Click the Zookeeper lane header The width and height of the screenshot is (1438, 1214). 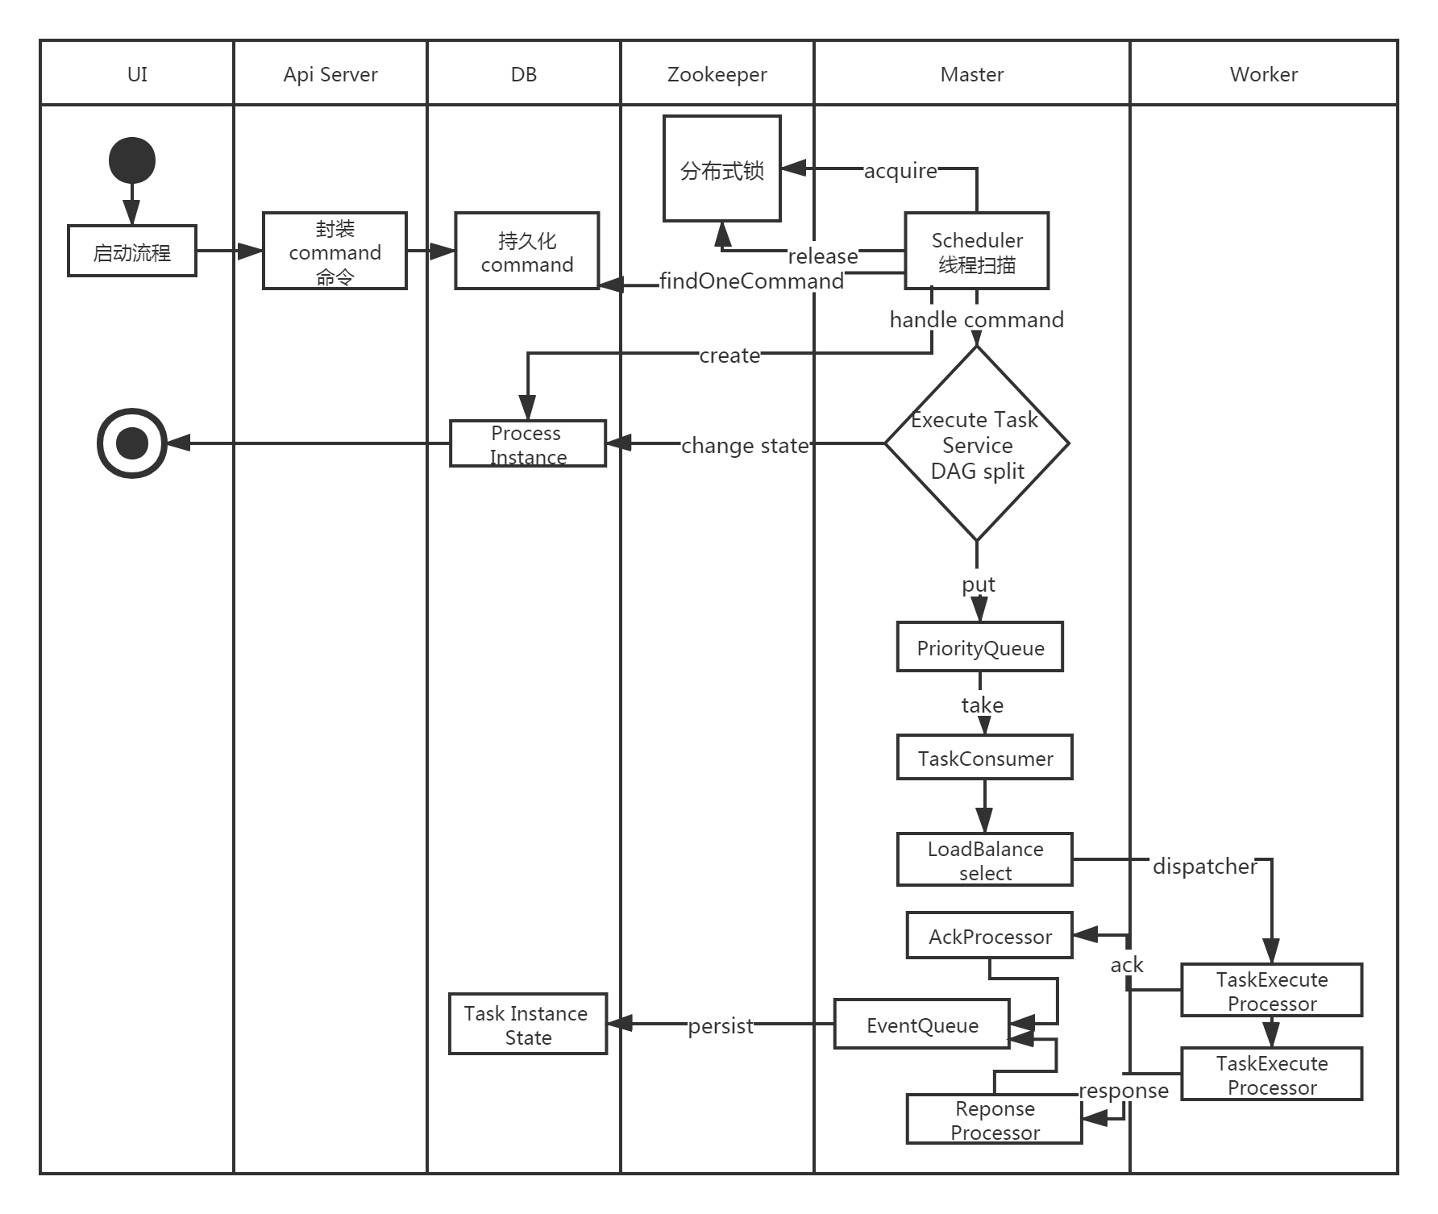(717, 74)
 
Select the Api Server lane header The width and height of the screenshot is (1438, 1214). (330, 74)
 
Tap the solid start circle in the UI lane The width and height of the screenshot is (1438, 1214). (132, 160)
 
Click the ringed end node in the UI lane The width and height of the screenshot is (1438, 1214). (132, 443)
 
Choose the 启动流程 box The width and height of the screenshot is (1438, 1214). (132, 252)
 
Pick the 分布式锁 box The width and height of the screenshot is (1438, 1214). (721, 169)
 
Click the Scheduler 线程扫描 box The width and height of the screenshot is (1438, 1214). (977, 252)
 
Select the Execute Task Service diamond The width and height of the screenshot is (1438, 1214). (977, 444)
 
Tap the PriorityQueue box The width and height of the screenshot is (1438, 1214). (980, 647)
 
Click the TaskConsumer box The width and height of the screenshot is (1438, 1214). (985, 758)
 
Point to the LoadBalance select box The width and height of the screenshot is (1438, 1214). (985, 860)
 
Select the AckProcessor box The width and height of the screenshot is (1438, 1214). (990, 936)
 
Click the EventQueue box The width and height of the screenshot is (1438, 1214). (922, 1025)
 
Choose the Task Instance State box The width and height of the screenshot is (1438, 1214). (528, 1025)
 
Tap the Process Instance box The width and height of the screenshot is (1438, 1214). (528, 444)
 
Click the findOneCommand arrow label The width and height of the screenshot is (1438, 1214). (751, 281)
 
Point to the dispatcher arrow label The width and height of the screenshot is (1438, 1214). (1203, 866)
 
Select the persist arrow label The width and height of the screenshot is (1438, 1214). (721, 1025)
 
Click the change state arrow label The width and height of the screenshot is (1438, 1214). (745, 445)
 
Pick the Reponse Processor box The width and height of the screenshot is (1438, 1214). (995, 1120)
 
